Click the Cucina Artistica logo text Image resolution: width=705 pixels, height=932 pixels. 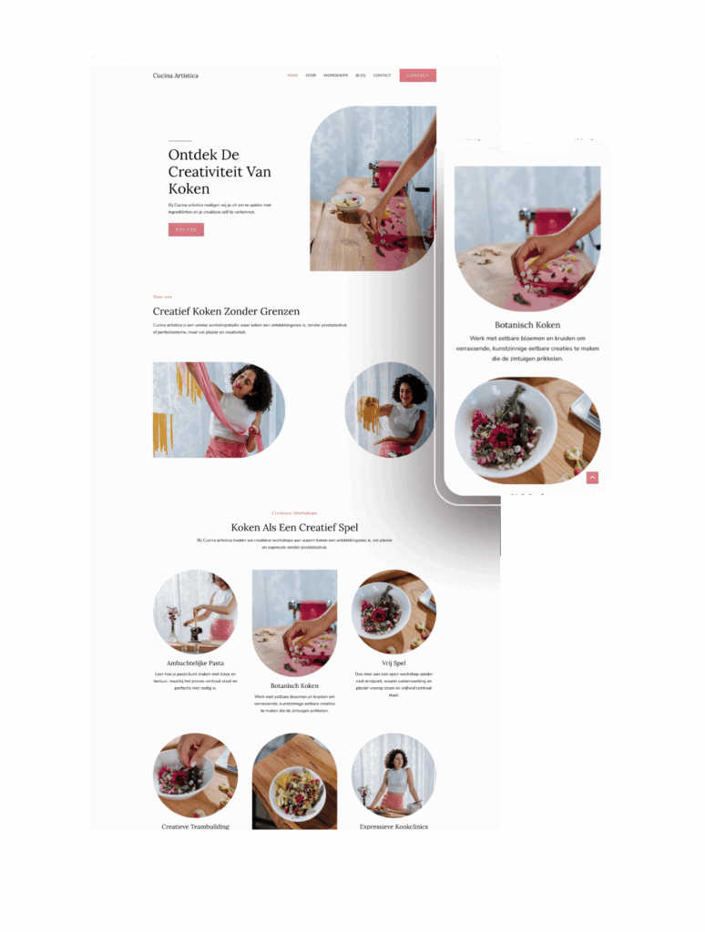point(175,76)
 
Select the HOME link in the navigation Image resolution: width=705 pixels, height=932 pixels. point(292,76)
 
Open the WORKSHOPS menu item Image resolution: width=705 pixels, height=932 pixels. point(335,76)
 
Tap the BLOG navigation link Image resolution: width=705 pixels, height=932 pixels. point(361,76)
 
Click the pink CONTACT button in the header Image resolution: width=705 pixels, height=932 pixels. point(417,76)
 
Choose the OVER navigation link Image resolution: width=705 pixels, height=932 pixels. point(311,76)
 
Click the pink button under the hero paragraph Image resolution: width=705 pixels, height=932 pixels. point(186,229)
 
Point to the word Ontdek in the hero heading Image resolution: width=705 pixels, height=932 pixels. point(190,155)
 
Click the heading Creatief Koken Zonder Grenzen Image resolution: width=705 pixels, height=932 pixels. point(226,311)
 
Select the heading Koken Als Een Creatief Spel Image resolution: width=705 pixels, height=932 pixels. point(294,527)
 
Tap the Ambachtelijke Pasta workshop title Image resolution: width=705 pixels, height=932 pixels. point(195,663)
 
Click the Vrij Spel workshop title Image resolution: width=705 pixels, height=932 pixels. point(393,663)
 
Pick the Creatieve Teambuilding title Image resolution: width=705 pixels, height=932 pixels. point(195,826)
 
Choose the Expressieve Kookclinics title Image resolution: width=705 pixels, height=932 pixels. point(393,826)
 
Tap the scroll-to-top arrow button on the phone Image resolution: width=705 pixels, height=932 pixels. point(592,477)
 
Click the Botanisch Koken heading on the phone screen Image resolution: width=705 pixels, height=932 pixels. point(527,325)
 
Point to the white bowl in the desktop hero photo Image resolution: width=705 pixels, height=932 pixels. point(348,201)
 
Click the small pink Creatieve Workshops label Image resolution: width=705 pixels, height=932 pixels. point(294,512)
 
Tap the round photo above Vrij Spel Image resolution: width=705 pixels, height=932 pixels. point(393,612)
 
